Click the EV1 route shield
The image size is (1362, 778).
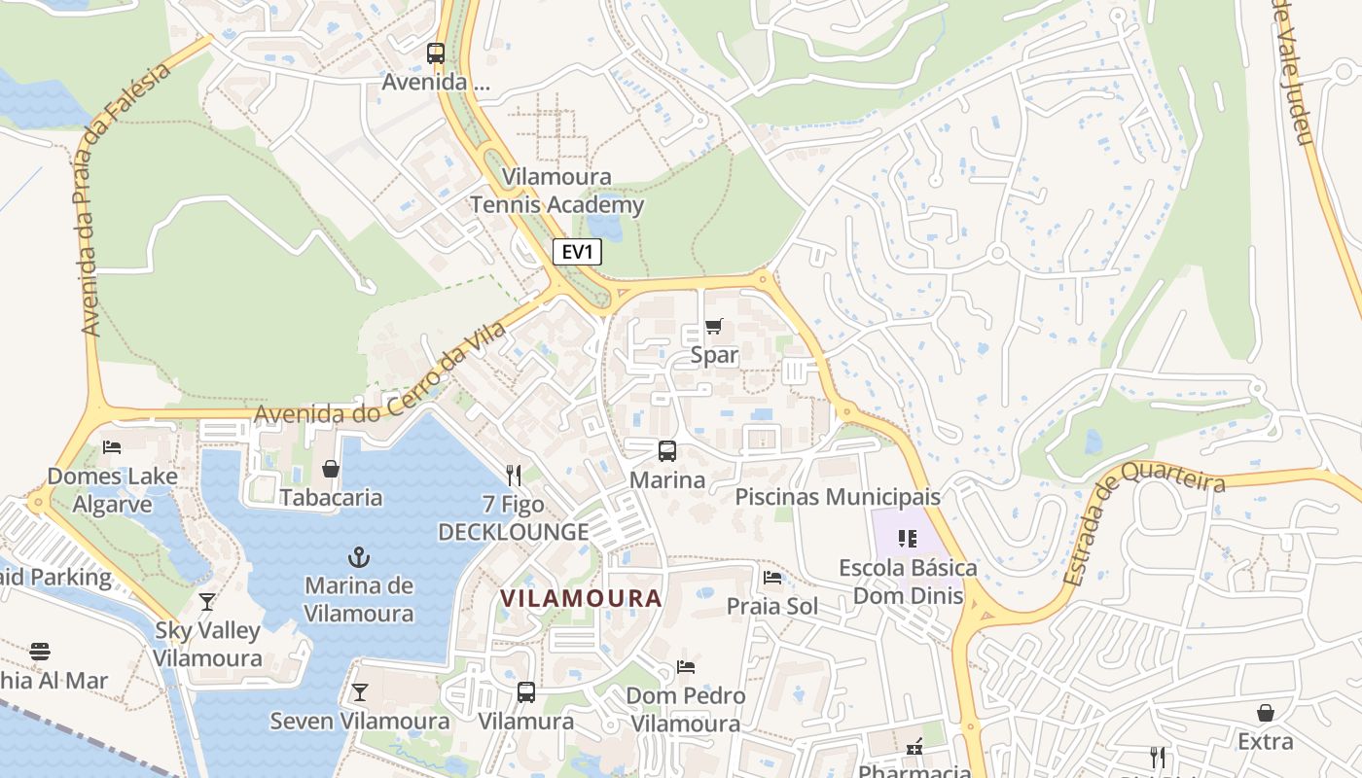coord(578,253)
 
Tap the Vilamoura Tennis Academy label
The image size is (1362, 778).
coord(557,191)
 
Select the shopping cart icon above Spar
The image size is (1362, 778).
coord(714,326)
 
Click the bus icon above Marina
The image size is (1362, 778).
coord(667,451)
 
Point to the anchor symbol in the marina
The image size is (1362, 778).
coord(359,557)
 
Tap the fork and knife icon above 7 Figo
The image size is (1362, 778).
coord(514,475)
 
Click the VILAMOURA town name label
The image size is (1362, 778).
coord(582,598)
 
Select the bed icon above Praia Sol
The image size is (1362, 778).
coord(772,578)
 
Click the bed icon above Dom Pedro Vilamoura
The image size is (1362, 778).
coord(686,667)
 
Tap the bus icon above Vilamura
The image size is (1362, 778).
coord(526,692)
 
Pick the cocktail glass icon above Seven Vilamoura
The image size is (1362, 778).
coord(360,692)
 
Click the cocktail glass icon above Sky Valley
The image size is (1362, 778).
coord(207,601)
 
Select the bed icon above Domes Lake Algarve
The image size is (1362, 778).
coord(112,447)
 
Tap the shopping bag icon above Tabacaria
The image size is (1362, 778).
coord(331,470)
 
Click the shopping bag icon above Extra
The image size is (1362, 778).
coord(1266,713)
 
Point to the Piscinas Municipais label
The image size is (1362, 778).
coord(838,497)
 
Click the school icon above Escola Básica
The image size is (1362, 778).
coord(908,538)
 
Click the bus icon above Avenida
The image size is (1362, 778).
coord(436,53)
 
